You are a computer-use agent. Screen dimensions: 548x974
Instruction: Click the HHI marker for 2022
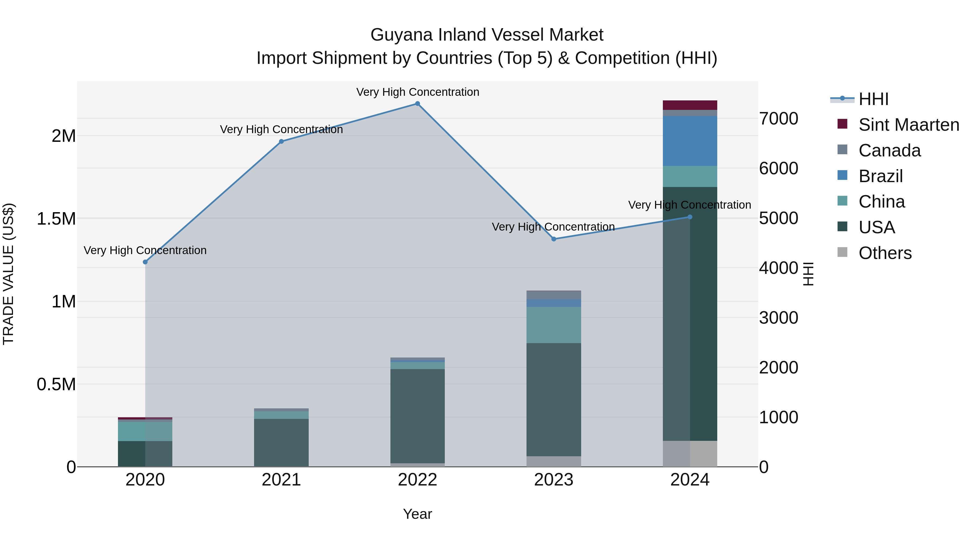(x=417, y=104)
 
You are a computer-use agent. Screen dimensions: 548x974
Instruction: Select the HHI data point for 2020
(x=145, y=262)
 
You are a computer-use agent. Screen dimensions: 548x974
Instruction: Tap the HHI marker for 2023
(x=554, y=239)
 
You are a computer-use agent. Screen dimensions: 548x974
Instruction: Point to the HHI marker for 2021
(x=281, y=142)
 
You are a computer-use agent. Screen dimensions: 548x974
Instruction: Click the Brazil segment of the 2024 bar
(x=690, y=141)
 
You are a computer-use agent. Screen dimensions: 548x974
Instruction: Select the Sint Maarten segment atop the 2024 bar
(x=690, y=105)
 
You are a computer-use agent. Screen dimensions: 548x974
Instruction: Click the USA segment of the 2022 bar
(x=417, y=416)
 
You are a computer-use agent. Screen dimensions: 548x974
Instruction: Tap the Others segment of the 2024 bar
(x=690, y=454)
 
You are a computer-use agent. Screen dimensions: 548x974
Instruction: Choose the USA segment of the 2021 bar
(x=281, y=442)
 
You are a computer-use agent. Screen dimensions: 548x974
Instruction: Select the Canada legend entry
(x=889, y=150)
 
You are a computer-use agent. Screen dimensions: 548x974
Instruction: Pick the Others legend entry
(x=885, y=253)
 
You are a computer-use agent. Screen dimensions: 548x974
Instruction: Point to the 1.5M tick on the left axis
(x=56, y=219)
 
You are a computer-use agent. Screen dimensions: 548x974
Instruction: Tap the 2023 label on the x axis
(x=554, y=480)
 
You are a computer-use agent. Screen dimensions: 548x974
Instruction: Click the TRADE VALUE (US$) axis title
(x=8, y=274)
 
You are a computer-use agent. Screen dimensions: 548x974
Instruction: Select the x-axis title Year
(x=417, y=514)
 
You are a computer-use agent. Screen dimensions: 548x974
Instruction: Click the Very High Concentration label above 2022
(x=417, y=92)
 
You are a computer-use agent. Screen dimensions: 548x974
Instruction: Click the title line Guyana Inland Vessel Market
(x=487, y=35)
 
